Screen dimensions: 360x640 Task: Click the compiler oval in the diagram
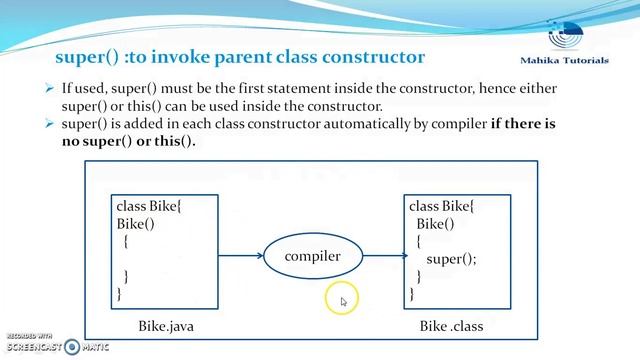click(312, 257)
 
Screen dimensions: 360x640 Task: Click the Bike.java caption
click(165, 326)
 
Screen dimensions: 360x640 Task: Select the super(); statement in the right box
click(451, 259)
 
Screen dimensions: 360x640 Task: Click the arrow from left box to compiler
click(240, 257)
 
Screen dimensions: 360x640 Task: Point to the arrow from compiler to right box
click(382, 257)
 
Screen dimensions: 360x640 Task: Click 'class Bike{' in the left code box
click(148, 206)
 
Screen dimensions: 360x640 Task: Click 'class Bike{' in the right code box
click(442, 206)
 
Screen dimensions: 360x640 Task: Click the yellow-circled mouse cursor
click(341, 299)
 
